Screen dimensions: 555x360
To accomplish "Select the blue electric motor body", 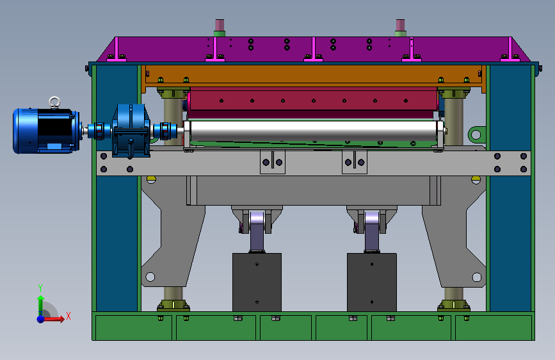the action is [x=45, y=131].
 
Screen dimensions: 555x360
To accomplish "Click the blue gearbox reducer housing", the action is [x=131, y=130].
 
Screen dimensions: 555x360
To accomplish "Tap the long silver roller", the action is [x=314, y=131].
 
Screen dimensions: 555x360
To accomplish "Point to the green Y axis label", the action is [x=40, y=288].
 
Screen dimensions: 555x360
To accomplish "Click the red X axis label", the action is [x=68, y=316].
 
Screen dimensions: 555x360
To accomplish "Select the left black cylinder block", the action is [x=257, y=282].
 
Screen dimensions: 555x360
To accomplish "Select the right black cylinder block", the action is [x=372, y=282].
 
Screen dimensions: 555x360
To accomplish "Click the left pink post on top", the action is [x=220, y=25].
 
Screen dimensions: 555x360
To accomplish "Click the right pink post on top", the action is [x=400, y=25].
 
